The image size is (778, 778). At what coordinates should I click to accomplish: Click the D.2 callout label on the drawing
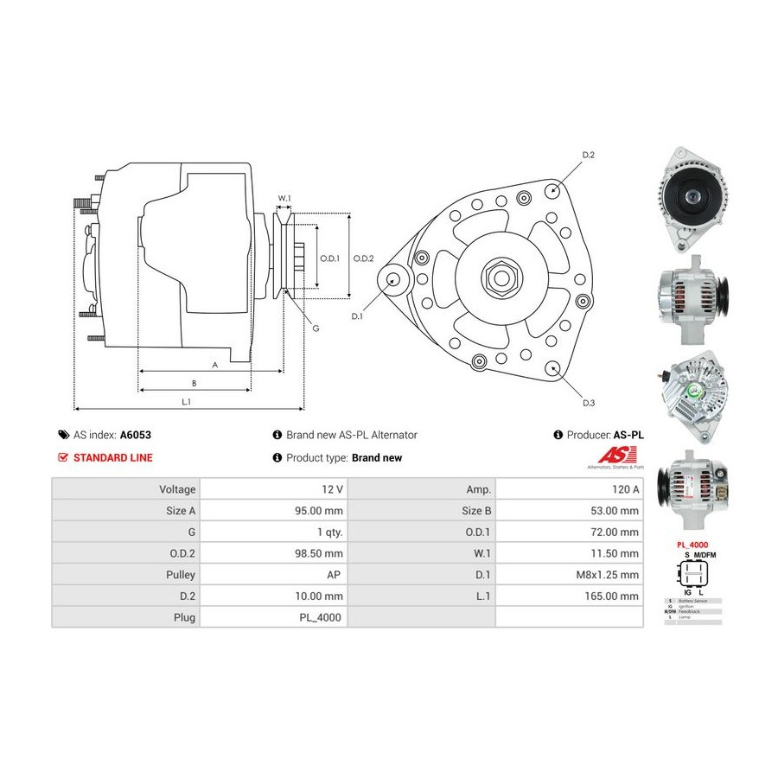[588, 155]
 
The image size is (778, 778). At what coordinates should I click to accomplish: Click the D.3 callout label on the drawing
[588, 403]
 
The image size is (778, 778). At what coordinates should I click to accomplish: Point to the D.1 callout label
[357, 316]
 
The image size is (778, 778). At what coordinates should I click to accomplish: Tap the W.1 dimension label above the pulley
[284, 198]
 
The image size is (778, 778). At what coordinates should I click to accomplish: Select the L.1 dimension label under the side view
[186, 401]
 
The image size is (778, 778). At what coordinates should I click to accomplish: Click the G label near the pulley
[316, 328]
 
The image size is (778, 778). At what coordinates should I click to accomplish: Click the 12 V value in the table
[333, 488]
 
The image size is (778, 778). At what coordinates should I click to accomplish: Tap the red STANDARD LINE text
[112, 458]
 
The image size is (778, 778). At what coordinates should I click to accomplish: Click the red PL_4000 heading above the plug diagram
[692, 545]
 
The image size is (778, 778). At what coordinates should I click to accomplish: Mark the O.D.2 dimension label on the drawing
[363, 258]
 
